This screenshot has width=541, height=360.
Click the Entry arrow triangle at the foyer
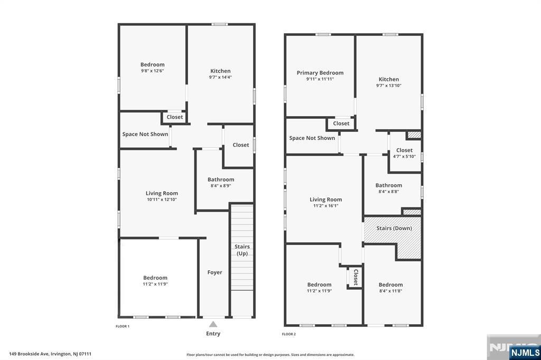213,324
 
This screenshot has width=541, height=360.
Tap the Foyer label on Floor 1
214,272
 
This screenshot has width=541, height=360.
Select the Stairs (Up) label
242,250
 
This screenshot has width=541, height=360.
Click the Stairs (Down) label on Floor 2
394,229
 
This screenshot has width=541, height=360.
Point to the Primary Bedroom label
320,73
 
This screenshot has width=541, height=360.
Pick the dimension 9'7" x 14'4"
220,77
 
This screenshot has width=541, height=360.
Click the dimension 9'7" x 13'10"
388,86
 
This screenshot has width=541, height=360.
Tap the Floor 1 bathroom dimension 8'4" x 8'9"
220,186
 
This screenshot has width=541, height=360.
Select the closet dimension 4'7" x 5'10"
404,156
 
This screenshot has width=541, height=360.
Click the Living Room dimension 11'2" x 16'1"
325,206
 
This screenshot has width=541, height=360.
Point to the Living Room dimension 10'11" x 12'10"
162,200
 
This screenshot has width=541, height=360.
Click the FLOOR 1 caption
123,326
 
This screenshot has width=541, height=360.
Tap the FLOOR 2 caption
288,334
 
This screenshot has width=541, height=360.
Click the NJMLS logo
525,352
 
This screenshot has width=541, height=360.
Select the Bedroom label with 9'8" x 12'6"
152,64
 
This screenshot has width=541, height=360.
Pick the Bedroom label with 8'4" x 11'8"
390,285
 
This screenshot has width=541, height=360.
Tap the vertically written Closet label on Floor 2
356,277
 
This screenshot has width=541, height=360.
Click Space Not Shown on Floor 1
145,134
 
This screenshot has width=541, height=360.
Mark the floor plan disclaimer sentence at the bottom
270,355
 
